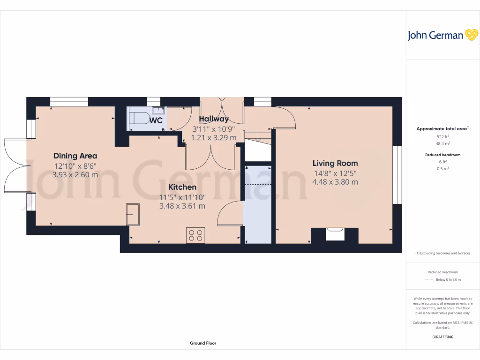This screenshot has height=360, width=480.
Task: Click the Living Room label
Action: click(x=335, y=163)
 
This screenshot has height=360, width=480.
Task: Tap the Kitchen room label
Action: click(x=182, y=187)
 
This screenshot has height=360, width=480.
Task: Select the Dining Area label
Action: click(x=75, y=156)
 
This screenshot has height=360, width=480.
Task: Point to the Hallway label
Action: click(x=214, y=119)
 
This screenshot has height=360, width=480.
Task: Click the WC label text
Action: click(x=156, y=120)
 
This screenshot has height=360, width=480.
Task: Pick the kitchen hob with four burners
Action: click(x=195, y=235)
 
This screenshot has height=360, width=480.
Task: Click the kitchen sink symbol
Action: click(x=133, y=214)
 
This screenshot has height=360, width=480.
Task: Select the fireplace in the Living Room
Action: click(x=335, y=233)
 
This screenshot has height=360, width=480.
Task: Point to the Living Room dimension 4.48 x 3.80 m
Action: click(x=335, y=182)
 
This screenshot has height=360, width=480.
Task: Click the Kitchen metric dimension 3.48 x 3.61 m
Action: click(x=182, y=206)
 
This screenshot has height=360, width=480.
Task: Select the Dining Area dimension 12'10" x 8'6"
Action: click(x=75, y=165)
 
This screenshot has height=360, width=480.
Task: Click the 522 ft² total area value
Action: click(x=443, y=136)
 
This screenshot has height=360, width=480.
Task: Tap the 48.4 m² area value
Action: click(x=443, y=144)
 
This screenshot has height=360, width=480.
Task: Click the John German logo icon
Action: click(x=471, y=35)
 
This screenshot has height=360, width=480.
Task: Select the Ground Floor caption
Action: click(x=203, y=343)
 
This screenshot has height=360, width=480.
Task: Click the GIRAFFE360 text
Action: click(x=443, y=337)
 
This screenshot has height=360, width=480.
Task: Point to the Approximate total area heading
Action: click(x=442, y=128)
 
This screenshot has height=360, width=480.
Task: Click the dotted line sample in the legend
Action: click(x=429, y=280)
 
